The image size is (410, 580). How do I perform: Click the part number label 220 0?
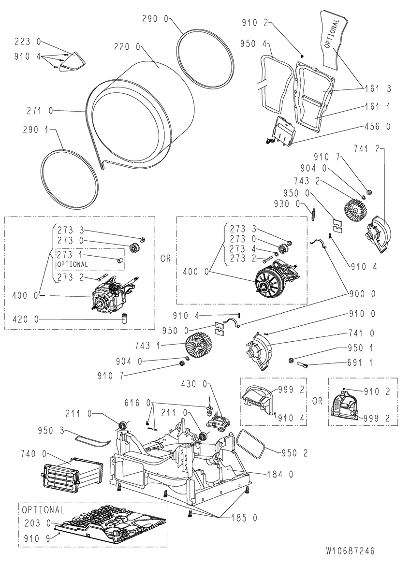(127, 47)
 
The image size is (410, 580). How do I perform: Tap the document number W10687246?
(350, 551)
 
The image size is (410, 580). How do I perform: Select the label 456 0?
(378, 127)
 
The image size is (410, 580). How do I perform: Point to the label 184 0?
(280, 474)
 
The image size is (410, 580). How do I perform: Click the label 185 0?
(244, 518)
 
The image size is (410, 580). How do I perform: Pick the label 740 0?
(33, 454)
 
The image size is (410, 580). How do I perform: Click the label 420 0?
(25, 319)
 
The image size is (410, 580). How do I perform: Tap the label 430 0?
(194, 384)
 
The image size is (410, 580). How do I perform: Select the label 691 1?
(360, 363)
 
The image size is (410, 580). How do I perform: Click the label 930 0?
(287, 204)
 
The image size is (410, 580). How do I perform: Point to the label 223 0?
(28, 42)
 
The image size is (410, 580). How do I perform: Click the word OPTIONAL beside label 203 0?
(43, 510)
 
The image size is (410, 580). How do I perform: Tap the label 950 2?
(295, 453)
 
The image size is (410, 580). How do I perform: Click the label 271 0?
(40, 111)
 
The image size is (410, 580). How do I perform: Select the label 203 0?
(38, 523)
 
